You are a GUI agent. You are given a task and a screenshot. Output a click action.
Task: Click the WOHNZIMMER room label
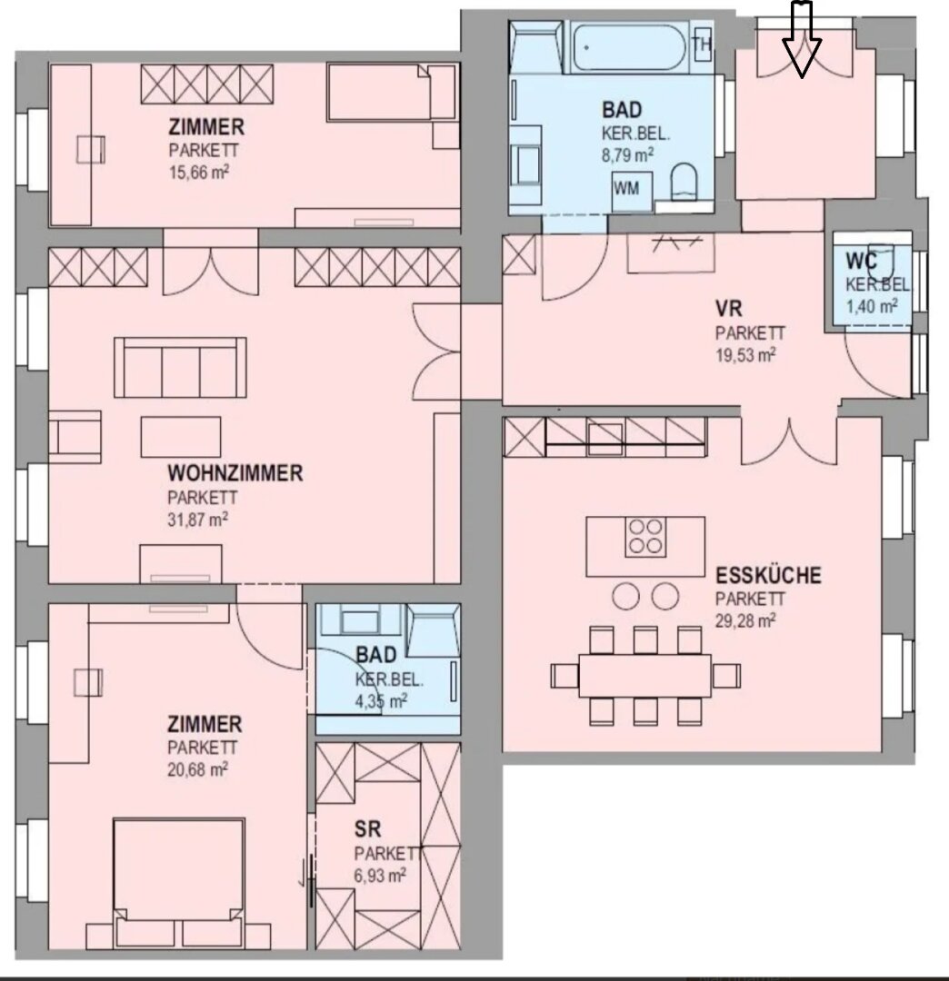pyautogui.click(x=235, y=473)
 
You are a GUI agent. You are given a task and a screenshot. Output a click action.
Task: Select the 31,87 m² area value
pyautogui.click(x=197, y=520)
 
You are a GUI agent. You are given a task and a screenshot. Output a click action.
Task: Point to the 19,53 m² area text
pyautogui.click(x=745, y=355)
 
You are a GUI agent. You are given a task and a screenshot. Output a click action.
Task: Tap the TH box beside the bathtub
pyautogui.click(x=703, y=45)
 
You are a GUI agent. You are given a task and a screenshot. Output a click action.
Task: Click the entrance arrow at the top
pyautogui.click(x=802, y=39)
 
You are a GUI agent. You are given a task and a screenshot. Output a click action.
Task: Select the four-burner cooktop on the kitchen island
pyautogui.click(x=646, y=536)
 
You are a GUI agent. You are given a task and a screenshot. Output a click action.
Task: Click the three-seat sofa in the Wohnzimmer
pyautogui.click(x=180, y=367)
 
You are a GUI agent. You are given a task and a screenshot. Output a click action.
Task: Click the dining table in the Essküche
pyautogui.click(x=644, y=676)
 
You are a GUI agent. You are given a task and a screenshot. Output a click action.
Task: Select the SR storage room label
pyautogui.click(x=367, y=829)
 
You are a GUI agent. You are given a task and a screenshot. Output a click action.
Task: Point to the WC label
pyautogui.click(x=862, y=260)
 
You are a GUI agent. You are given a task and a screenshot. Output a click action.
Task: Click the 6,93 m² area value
pyautogui.click(x=380, y=875)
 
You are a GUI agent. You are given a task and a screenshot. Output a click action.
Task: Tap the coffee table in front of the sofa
pyautogui.click(x=181, y=437)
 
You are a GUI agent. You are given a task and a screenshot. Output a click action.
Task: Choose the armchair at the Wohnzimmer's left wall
pyautogui.click(x=75, y=436)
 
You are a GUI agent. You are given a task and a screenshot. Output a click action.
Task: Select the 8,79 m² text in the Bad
pyautogui.click(x=628, y=154)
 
